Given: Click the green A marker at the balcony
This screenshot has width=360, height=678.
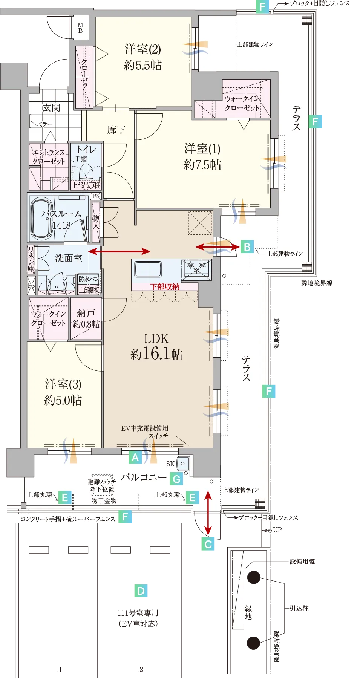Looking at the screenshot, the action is (135, 457).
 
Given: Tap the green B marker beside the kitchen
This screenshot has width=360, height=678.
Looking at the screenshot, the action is (247, 247).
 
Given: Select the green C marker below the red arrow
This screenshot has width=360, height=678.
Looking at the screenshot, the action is (208, 544).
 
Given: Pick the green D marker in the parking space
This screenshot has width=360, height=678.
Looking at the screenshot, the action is (141, 591).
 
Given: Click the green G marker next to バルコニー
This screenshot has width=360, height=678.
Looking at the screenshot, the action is (176, 479).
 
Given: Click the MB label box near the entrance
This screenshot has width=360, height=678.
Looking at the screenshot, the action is (80, 28).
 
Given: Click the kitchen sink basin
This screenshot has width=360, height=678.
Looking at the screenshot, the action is (148, 269).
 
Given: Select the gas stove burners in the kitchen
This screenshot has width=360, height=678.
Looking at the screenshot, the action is (196, 268).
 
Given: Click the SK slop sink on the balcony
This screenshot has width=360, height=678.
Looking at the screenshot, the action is (183, 464).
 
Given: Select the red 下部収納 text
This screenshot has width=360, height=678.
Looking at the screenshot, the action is (165, 287).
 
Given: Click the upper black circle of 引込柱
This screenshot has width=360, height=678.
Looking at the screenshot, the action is (254, 577).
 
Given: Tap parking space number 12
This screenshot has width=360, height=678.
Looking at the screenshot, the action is (139, 669).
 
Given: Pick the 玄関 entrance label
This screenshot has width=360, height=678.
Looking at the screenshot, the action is (51, 108).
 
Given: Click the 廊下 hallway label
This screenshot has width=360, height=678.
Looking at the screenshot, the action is (116, 130).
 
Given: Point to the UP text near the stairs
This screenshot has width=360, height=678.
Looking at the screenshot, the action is (277, 530).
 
